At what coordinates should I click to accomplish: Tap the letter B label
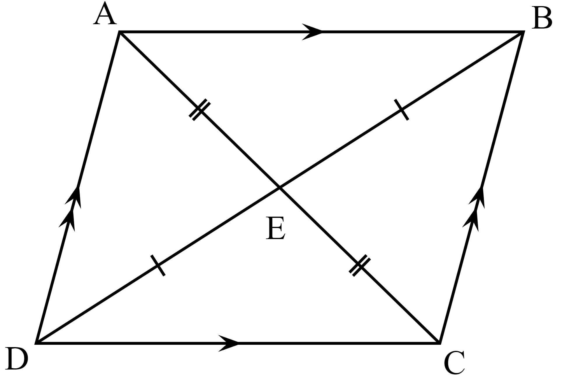[x=542, y=19]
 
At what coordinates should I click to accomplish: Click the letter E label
[x=275, y=229]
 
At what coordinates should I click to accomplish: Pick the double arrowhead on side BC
[x=475, y=208]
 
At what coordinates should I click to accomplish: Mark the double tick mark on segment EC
[x=360, y=265]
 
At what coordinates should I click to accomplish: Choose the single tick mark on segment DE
[x=158, y=265]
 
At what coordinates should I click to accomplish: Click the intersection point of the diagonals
[x=280, y=188]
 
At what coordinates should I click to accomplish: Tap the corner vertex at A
[x=120, y=32]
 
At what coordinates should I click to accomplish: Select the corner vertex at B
[x=523, y=32]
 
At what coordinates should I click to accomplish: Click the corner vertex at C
[x=439, y=343]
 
